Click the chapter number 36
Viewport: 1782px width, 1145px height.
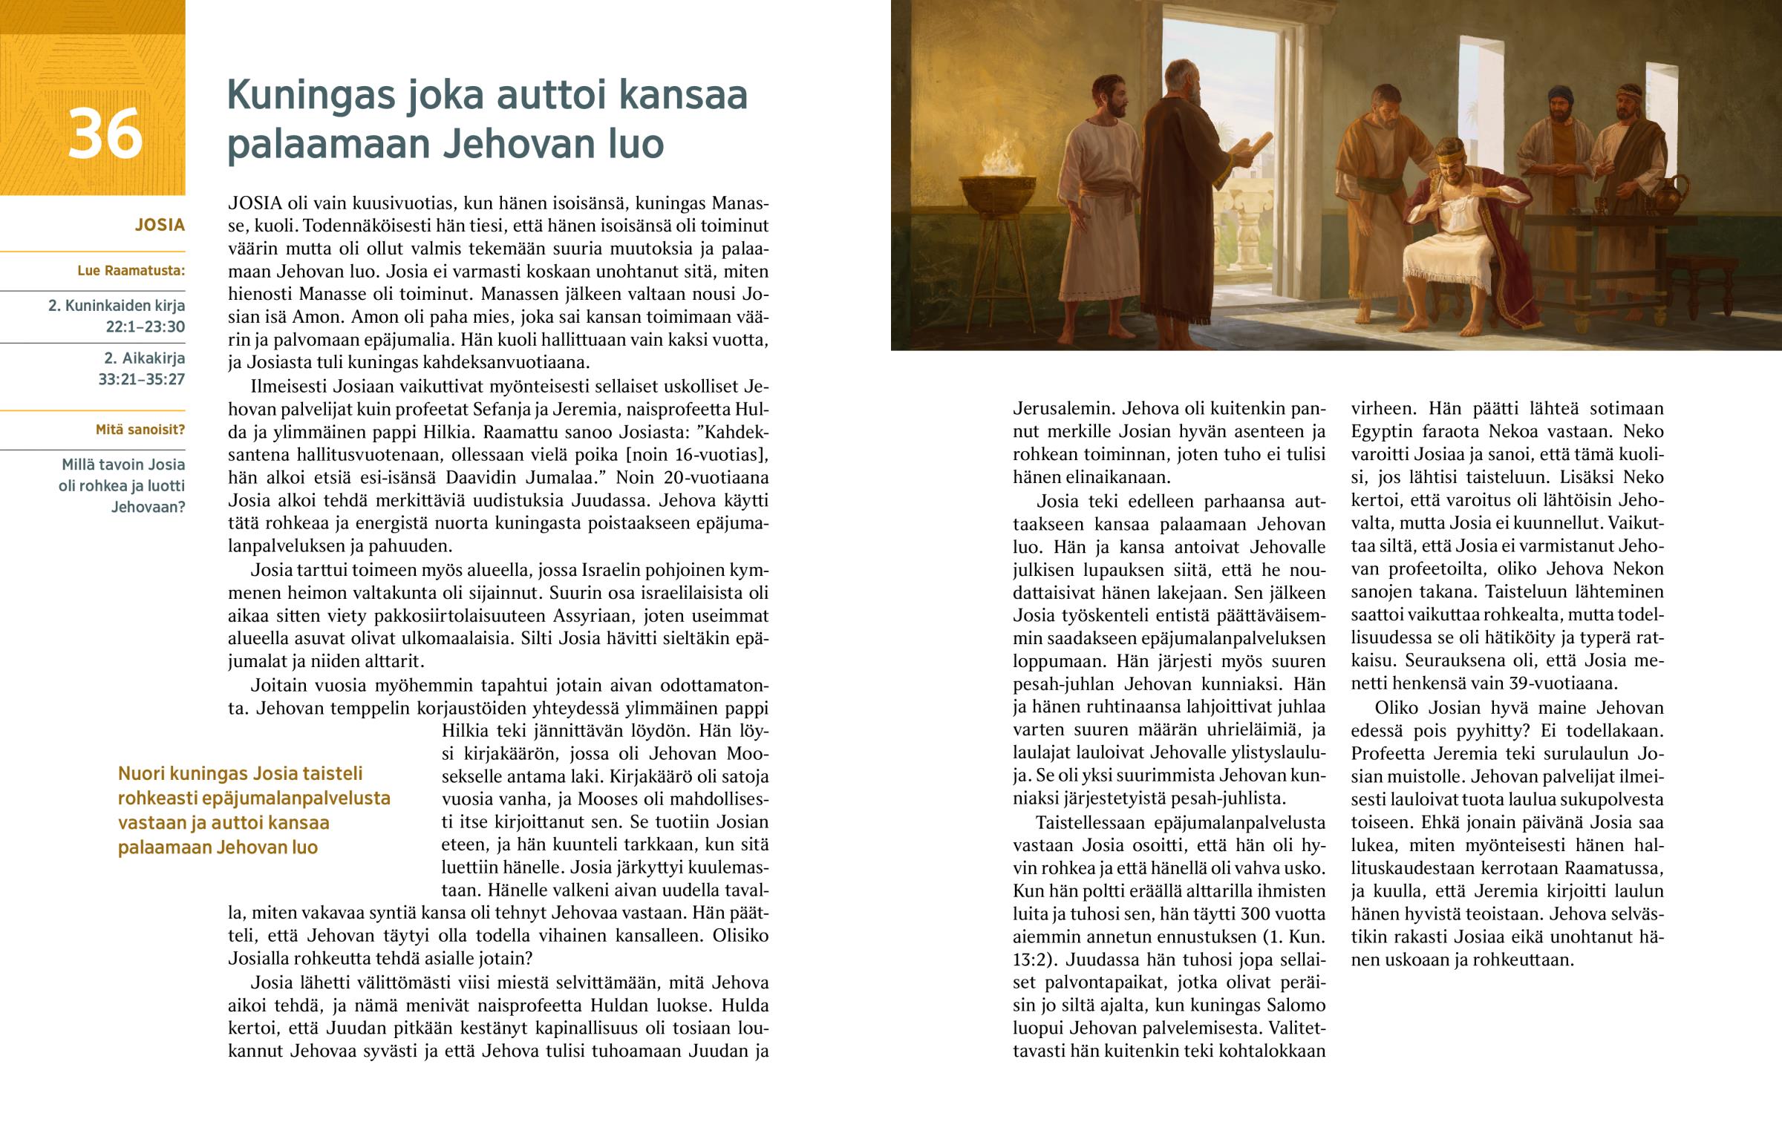pyautogui.click(x=105, y=134)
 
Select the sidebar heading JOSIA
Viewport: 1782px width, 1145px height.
pyautogui.click(x=159, y=226)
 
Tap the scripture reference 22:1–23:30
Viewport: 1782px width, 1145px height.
pyautogui.click(x=145, y=327)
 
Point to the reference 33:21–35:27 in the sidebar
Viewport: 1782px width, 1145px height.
pyautogui.click(x=141, y=379)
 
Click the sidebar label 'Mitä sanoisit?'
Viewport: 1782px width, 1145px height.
pyautogui.click(x=140, y=430)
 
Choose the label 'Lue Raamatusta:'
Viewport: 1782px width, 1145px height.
pyautogui.click(x=131, y=271)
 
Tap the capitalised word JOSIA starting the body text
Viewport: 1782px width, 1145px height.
pyautogui.click(x=255, y=203)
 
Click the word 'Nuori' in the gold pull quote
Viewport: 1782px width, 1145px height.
pyautogui.click(x=141, y=774)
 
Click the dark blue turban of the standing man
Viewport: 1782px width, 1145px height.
pyautogui.click(x=1561, y=94)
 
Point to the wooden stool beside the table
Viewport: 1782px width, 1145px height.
pyautogui.click(x=1733, y=275)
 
